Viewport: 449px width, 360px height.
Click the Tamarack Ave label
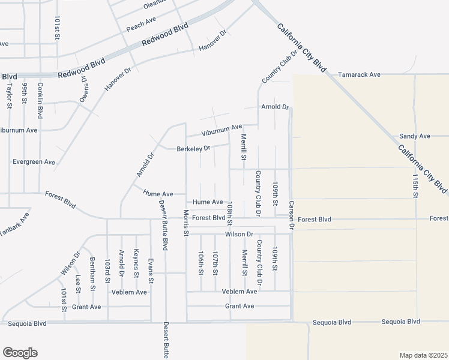coord(359,75)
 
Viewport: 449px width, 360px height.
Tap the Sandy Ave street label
coord(415,136)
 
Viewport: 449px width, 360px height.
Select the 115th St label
coord(415,185)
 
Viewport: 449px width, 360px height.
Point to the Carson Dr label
coord(292,215)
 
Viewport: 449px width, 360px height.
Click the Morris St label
coord(186,222)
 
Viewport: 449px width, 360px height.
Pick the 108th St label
coord(229,214)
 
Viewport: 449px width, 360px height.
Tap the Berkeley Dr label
coord(193,148)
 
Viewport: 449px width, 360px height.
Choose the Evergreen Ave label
coord(34,162)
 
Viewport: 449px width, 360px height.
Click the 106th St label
coord(200,263)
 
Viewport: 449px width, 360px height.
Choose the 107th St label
coord(215,263)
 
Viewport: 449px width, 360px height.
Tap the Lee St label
coord(78,283)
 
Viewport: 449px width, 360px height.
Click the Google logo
coord(20,353)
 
